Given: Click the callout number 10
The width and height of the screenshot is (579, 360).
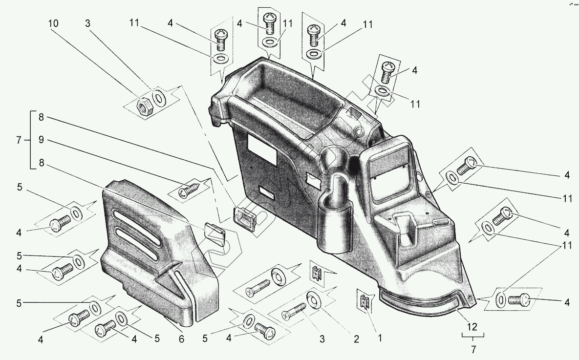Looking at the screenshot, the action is coord(53,23).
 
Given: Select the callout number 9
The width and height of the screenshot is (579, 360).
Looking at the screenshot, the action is coord(41,140).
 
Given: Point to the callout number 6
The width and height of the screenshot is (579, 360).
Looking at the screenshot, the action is coord(181,338).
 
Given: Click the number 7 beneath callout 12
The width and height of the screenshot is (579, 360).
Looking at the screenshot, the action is coord(473,349).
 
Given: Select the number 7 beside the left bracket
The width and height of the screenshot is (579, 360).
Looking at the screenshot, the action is coord(19,140).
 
